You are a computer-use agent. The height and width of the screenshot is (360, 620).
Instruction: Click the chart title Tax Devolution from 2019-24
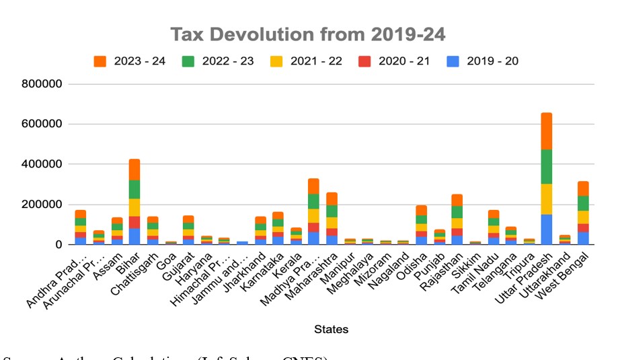coord(307,35)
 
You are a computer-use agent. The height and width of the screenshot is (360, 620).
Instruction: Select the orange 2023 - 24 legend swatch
coord(100,61)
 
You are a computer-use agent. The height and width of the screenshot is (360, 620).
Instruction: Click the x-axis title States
coord(331,329)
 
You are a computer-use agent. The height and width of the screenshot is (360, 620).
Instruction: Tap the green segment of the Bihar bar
coord(134,189)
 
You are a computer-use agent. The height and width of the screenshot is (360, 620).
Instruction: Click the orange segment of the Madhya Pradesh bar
coord(313,186)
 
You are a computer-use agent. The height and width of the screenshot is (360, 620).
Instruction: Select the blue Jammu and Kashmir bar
coord(242,243)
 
